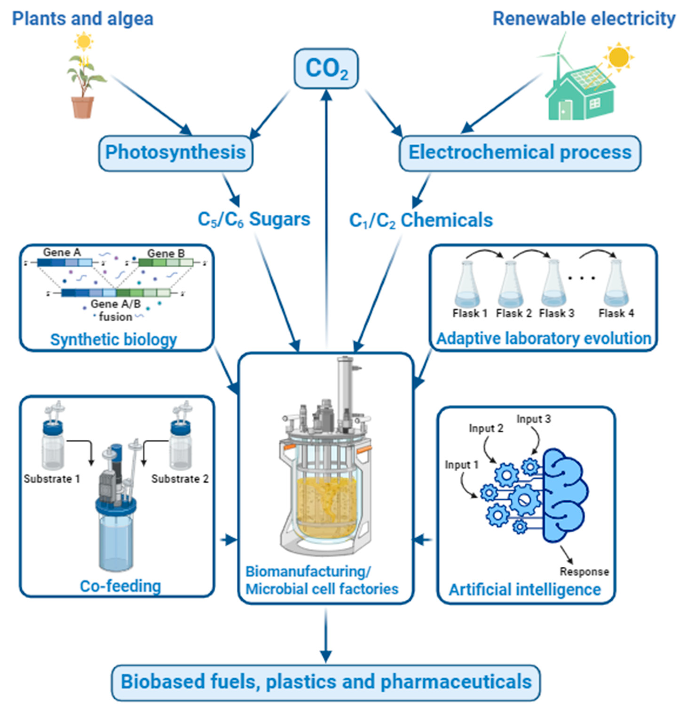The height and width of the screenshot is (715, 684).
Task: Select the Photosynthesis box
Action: [x=175, y=153]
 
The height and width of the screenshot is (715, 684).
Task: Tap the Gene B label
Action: [x=166, y=253]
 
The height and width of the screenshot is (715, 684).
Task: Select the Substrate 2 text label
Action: [x=180, y=479]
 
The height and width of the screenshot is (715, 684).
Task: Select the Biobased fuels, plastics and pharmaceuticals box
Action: [x=326, y=682]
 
